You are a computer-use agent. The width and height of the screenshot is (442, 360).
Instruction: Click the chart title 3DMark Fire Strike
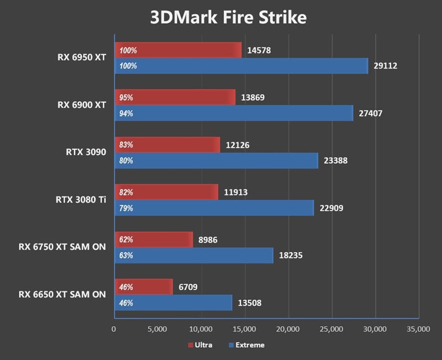point(228,18)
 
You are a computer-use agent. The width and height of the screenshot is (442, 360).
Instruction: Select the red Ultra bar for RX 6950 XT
point(178,50)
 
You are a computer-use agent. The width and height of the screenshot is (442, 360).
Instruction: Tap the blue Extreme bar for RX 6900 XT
point(233,113)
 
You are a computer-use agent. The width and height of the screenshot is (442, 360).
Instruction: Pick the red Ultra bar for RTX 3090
point(167,145)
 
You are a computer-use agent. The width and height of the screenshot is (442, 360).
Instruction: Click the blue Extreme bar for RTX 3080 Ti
point(214,208)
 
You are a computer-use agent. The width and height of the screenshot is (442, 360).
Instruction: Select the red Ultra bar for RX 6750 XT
point(153,240)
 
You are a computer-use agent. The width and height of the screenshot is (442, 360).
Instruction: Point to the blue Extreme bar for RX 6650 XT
point(173,303)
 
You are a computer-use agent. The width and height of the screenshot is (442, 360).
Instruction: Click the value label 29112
point(385,66)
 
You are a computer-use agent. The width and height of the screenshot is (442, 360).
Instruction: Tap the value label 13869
point(253,98)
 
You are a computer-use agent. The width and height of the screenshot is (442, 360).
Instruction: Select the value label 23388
point(335,161)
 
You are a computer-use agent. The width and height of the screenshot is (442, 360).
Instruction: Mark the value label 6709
point(188,287)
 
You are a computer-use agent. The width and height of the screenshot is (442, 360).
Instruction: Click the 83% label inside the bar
point(126,145)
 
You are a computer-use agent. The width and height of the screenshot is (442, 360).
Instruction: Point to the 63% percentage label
point(126,256)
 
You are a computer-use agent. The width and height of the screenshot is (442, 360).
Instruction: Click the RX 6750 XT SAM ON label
point(61,247)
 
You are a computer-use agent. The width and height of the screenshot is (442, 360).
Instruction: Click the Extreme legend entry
point(246,345)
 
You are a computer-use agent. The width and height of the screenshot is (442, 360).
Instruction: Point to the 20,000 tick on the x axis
point(288,329)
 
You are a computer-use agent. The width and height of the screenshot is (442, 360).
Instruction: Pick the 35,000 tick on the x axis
point(418,329)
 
